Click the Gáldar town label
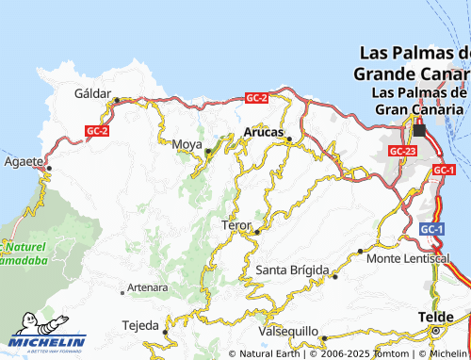[x=92, y=93]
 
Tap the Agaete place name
[x=23, y=161]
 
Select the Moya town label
[x=187, y=144]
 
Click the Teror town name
[x=235, y=226]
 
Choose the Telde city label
[x=435, y=318]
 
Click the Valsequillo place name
[x=287, y=332]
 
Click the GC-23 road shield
[x=402, y=151]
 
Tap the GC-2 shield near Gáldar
[x=97, y=131]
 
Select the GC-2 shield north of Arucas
[x=256, y=98]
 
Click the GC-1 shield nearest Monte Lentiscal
[x=431, y=229]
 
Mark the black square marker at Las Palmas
[x=419, y=130]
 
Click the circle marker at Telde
[x=435, y=332]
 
